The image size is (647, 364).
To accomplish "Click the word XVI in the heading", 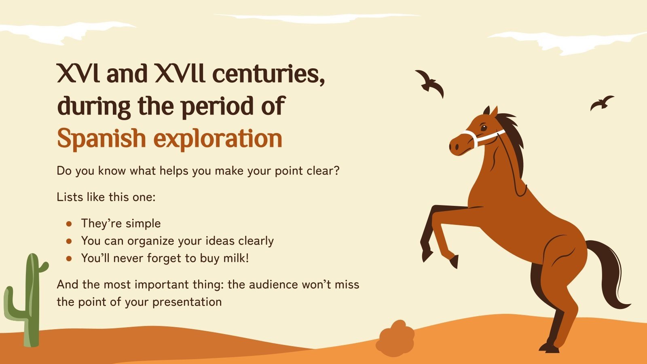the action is tap(78, 73).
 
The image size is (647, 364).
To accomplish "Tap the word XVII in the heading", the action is tap(180, 73).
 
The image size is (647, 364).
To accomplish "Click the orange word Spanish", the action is tap(101, 139).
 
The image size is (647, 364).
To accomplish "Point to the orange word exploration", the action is tap(219, 139).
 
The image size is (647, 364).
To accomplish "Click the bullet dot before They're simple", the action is tap(69, 224).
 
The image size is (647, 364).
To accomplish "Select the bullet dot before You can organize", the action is tap(69, 241).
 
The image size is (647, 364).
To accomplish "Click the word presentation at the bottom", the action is tap(187, 302).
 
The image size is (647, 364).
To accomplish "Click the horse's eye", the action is tap(484, 127).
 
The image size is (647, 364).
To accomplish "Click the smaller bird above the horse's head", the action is tap(601, 103).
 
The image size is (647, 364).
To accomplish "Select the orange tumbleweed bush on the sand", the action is tap(395, 338).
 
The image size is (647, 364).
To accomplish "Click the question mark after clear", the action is tap(336, 171).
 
